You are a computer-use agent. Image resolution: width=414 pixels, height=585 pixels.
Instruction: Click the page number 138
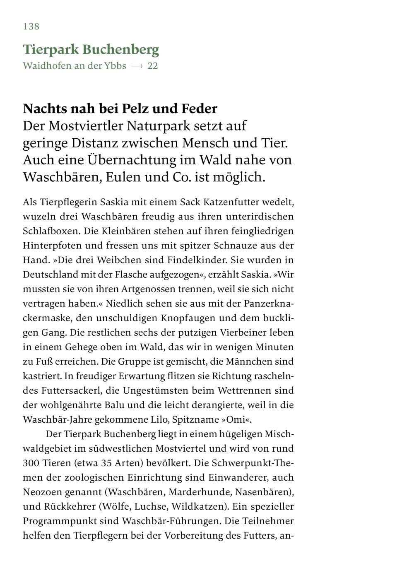(x=31, y=26)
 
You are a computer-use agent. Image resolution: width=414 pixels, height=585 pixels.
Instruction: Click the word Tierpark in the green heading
(x=51, y=50)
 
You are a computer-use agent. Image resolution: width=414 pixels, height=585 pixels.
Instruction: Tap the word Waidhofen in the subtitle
(x=47, y=66)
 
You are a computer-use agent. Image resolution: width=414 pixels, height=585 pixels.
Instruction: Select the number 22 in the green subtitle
(x=152, y=66)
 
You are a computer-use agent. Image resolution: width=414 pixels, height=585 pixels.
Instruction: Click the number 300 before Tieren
(x=31, y=463)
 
